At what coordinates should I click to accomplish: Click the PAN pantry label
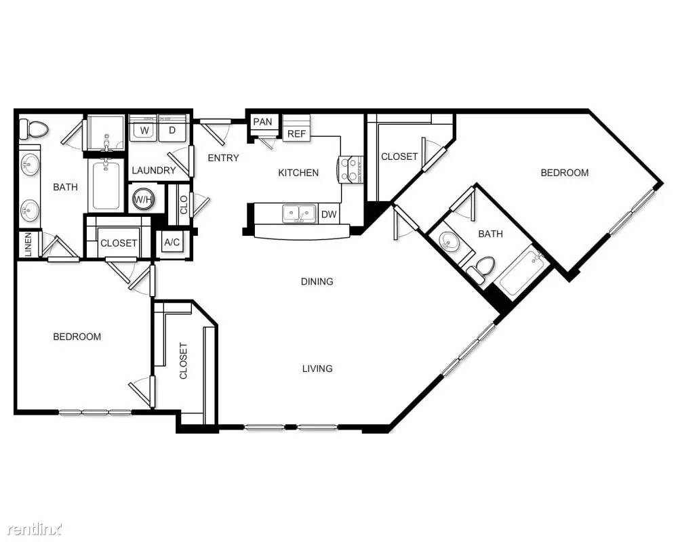point(262,122)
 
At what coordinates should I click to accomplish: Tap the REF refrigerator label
point(297,133)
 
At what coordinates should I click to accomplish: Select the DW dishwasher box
point(329,214)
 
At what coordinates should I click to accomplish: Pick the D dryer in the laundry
point(172,129)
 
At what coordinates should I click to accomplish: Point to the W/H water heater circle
point(143,199)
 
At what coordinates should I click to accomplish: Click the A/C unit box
point(172,243)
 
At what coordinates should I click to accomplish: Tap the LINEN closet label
point(28,245)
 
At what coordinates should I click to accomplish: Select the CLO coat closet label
point(184,205)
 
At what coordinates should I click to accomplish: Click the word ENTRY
point(223,158)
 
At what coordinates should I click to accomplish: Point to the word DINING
point(317,282)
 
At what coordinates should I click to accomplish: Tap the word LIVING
point(317,369)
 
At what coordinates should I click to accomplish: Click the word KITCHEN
point(298,173)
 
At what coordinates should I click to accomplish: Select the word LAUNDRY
point(154,170)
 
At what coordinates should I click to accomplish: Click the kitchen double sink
point(298,213)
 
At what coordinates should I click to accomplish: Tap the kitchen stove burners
point(351,169)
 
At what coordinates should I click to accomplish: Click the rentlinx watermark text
point(35,528)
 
